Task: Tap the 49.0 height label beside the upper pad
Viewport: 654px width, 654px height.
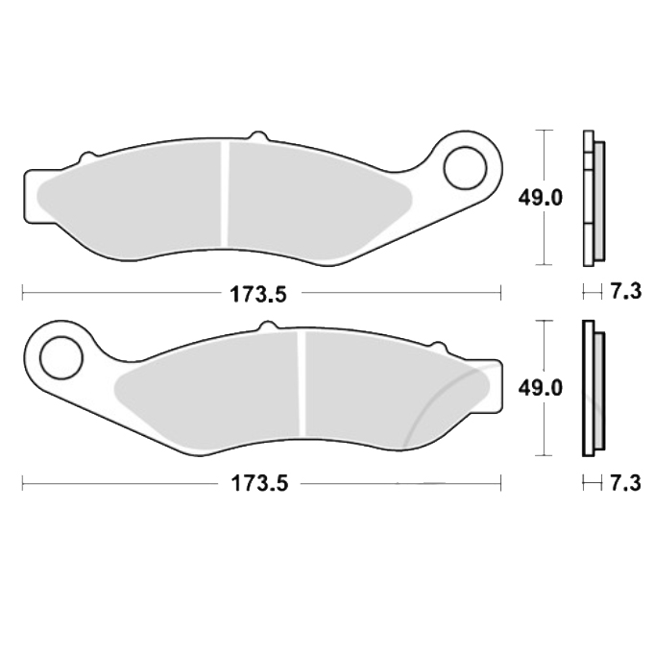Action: [x=541, y=198]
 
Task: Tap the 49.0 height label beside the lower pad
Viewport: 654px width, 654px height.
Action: [x=541, y=388]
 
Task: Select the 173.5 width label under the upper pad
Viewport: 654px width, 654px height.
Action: [x=258, y=295]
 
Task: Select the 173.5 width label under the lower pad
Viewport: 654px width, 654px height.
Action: [x=258, y=484]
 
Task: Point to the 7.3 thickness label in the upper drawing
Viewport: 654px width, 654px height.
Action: [x=625, y=291]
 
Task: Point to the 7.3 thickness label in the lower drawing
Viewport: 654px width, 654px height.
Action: [x=625, y=483]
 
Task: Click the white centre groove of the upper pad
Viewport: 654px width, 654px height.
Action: [x=225, y=194]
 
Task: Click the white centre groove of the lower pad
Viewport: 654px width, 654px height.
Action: [x=302, y=384]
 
